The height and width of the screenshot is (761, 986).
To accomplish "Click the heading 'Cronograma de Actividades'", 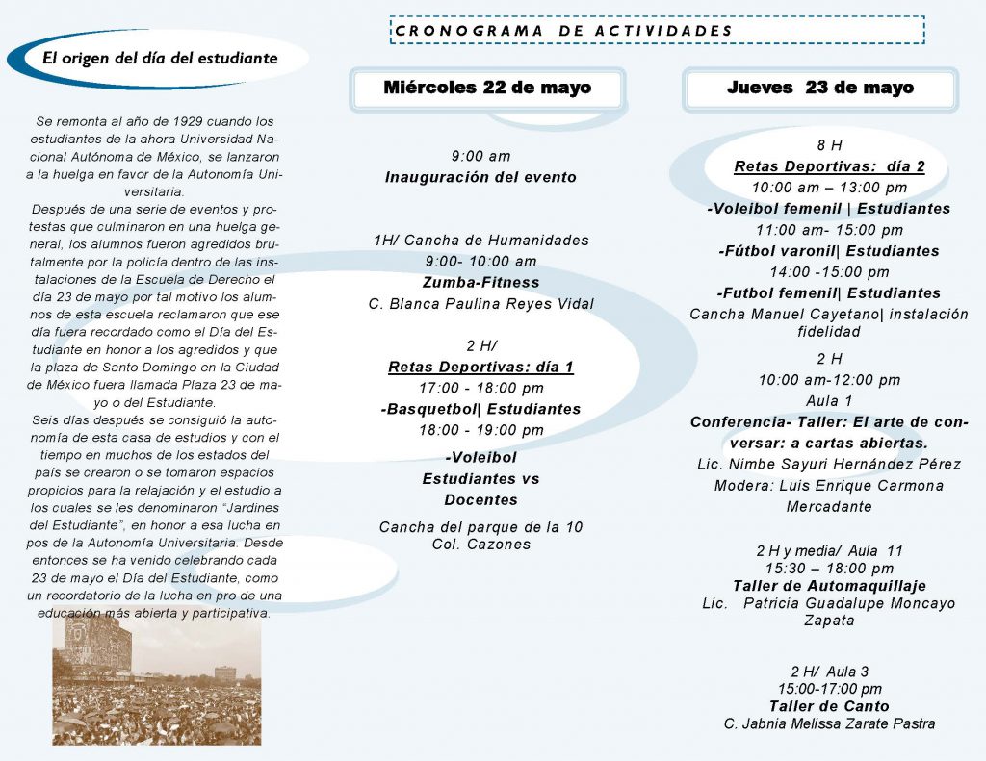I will (x=564, y=31).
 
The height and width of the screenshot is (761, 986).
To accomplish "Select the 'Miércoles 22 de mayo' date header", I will (x=487, y=89).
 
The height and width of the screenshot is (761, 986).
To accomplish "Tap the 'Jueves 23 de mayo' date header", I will (x=820, y=89).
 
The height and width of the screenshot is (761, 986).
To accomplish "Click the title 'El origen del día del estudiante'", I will (x=160, y=58).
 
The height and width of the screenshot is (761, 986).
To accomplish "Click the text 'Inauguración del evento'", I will (x=480, y=177).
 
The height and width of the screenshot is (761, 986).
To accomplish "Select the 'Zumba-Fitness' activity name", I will (x=480, y=283).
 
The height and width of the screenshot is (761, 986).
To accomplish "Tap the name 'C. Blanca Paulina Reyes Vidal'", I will (x=480, y=304).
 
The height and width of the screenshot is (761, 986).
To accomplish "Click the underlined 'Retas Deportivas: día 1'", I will (x=480, y=368).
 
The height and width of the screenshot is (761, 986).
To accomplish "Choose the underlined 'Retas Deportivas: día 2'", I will (x=829, y=166).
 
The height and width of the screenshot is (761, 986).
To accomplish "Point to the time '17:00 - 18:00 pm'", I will (x=480, y=389).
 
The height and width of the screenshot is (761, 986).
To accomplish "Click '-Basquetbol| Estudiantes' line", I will (x=480, y=409).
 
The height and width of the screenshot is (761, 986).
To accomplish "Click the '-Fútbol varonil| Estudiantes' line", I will (x=829, y=251).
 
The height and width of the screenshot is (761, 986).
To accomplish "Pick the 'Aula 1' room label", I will (x=829, y=401).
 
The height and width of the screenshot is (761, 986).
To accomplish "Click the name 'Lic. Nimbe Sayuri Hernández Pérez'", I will (x=829, y=465).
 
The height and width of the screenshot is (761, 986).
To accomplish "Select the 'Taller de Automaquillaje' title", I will (x=829, y=586).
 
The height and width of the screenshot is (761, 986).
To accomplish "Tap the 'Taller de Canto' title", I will (x=829, y=706).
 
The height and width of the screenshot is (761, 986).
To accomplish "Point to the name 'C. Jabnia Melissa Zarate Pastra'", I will (x=829, y=723).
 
